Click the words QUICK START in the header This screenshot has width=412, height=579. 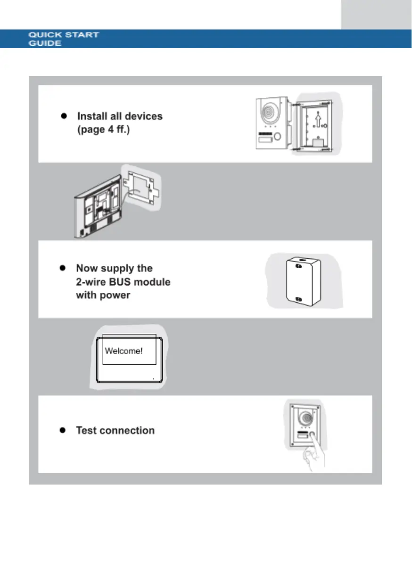pyautogui.click(x=64, y=35)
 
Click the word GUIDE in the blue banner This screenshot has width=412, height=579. pyautogui.click(x=44, y=43)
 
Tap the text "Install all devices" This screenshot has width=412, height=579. pyautogui.click(x=120, y=116)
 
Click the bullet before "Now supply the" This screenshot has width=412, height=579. pyautogui.click(x=62, y=268)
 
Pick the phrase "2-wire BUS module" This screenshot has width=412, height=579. pyautogui.click(x=123, y=282)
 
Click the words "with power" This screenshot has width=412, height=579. pyautogui.click(x=103, y=295)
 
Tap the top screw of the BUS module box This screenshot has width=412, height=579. pyautogui.click(x=298, y=266)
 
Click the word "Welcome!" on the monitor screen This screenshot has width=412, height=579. pyautogui.click(x=123, y=351)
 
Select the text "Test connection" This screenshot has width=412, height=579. pyautogui.click(x=115, y=430)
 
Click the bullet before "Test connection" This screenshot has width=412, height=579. pyautogui.click(x=62, y=430)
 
